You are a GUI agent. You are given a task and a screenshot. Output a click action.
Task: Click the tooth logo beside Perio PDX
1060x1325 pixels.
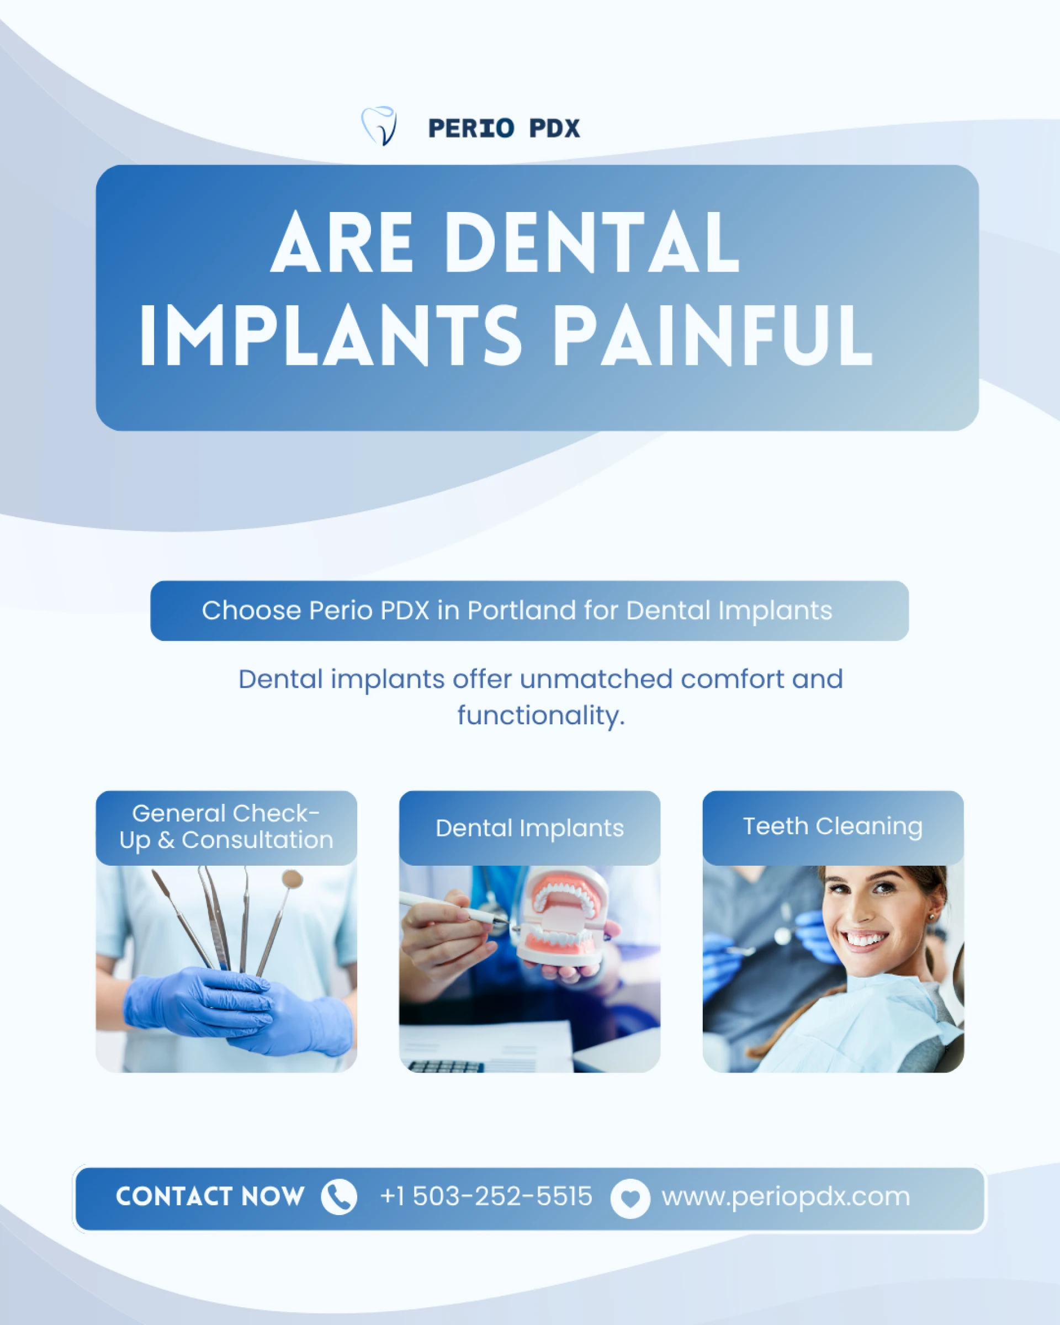379,126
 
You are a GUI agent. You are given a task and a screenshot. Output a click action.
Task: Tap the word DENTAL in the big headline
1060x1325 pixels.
591,242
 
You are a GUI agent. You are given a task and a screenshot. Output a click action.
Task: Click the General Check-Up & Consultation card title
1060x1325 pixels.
226,826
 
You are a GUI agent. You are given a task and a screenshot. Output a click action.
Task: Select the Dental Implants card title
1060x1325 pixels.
529,828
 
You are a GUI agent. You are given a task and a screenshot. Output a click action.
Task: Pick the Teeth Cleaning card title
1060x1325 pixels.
833,826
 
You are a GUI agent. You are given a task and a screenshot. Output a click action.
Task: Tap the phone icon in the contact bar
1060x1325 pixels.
338,1196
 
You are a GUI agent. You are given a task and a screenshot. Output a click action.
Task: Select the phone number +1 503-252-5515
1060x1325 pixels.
486,1196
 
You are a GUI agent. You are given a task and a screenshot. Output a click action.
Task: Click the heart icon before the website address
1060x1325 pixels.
630,1199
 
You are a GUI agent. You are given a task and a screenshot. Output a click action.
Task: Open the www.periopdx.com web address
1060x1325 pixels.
785,1196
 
